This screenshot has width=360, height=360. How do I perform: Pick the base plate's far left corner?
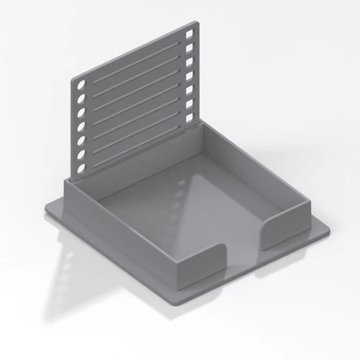(x=47, y=209)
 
